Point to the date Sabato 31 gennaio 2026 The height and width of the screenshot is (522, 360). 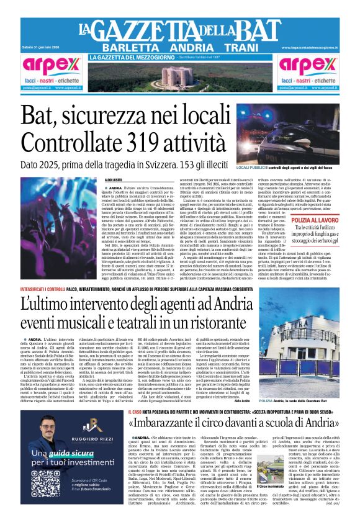click(x=42, y=48)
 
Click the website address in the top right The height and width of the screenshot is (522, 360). click(x=309, y=48)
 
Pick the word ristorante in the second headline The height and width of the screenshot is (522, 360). click(x=211, y=322)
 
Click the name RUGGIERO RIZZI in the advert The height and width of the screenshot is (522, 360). click(x=57, y=443)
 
